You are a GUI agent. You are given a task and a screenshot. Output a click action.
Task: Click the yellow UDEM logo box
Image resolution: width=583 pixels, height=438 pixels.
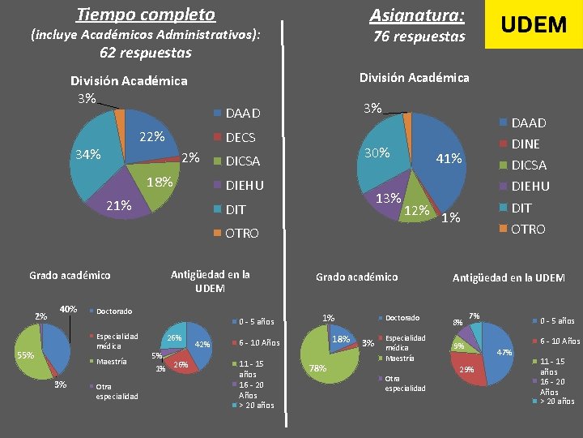[x=533, y=24]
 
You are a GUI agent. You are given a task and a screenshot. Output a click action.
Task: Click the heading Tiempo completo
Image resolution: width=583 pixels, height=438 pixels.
[x=146, y=15]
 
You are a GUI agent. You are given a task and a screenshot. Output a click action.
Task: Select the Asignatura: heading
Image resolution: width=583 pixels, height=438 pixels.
[x=417, y=15]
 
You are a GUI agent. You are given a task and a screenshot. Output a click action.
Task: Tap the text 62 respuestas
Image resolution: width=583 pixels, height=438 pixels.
[x=146, y=53]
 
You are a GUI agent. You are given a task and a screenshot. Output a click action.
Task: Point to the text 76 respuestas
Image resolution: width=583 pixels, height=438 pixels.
[x=419, y=36]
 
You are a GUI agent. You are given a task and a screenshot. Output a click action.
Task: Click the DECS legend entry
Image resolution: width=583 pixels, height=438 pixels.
[x=240, y=137]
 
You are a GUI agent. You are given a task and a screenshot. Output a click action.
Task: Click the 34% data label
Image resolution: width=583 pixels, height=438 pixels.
[x=88, y=154]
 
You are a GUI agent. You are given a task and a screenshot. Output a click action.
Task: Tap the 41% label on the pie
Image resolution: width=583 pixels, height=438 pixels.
[x=449, y=159]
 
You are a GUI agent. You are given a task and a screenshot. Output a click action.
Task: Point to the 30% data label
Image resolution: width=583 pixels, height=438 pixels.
[x=377, y=152]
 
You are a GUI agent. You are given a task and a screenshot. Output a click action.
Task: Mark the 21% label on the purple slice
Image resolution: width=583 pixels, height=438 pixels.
[x=119, y=205]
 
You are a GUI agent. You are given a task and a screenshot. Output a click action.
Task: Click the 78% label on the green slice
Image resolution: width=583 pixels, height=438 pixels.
[x=317, y=368]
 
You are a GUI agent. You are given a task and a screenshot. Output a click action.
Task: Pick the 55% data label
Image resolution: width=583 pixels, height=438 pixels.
[x=25, y=355]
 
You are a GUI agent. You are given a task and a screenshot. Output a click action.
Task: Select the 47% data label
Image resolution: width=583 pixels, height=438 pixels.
[x=504, y=353]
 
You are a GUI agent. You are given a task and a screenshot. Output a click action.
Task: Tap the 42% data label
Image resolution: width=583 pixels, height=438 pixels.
[x=203, y=344]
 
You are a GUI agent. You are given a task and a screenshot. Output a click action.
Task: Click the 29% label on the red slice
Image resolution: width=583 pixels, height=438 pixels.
[x=467, y=369]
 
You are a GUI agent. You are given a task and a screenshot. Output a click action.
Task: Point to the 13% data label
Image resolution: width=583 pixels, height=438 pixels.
[x=389, y=198]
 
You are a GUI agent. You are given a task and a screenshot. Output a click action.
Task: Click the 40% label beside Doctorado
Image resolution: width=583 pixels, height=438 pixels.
[x=69, y=309]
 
